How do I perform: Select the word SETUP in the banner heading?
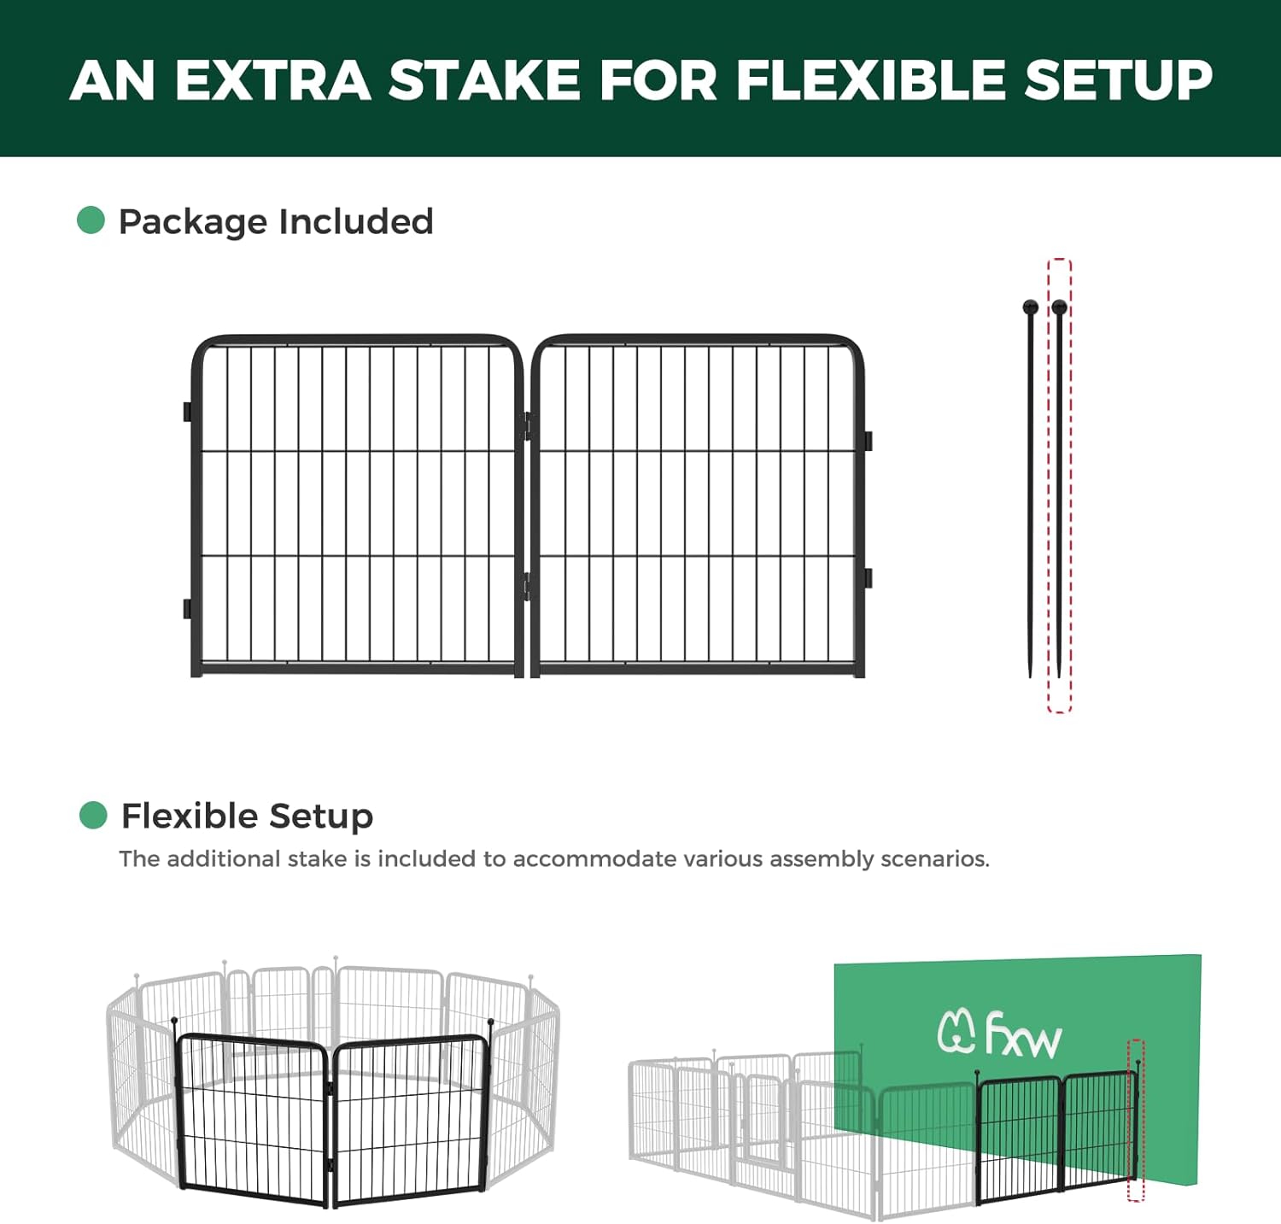pos(1118,80)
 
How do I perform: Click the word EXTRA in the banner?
pos(272,80)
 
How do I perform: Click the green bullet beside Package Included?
pos(91,220)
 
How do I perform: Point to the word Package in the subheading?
pos(193,222)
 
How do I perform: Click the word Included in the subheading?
pos(356,221)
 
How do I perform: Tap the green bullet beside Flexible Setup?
pos(92,815)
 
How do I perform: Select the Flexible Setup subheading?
pos(247,816)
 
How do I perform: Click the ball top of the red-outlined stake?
pos(1060,307)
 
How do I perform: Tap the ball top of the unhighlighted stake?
pos(1030,307)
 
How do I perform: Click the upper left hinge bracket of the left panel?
pos(187,412)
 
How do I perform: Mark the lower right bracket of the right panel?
pos(868,577)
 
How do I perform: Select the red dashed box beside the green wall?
pos(1136,1120)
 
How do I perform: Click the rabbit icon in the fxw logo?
pos(956,1031)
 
